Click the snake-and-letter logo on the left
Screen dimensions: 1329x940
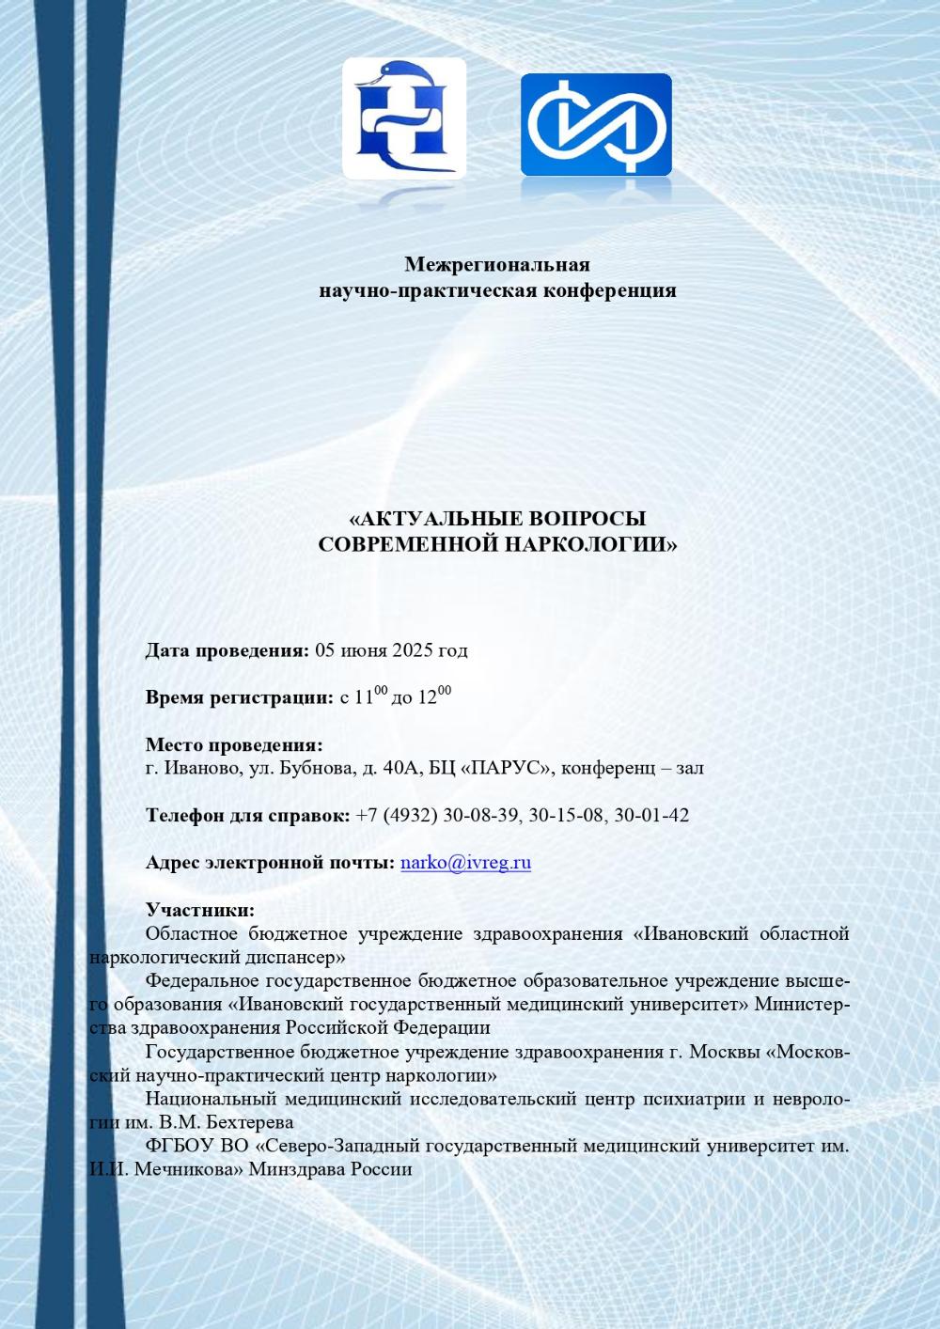pos(404,118)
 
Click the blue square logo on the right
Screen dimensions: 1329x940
pos(596,124)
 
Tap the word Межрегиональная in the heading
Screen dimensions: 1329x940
pos(497,264)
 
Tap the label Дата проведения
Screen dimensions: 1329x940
pos(227,650)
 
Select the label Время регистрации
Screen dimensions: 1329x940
pos(239,697)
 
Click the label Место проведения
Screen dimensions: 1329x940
pos(233,745)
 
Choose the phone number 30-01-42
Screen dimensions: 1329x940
pos(651,815)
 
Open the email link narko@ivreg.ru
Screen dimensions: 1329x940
pos(465,863)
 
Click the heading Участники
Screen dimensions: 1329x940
pos(199,910)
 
